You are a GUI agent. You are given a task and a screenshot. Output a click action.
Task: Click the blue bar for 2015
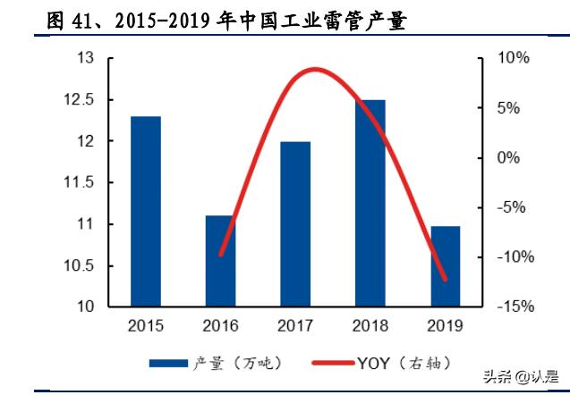[x=145, y=211]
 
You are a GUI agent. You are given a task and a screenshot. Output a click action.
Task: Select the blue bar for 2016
[x=220, y=260]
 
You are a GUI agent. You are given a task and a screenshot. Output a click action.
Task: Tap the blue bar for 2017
[x=296, y=223]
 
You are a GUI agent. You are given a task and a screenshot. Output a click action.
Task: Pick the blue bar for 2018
[x=371, y=203]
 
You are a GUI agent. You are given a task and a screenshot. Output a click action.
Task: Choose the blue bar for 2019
[x=446, y=265]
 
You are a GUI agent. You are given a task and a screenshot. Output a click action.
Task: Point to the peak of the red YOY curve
[x=312, y=70]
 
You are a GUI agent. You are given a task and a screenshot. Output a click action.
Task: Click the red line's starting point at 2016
[x=220, y=255]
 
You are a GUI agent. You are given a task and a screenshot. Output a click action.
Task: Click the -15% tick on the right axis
[x=513, y=307]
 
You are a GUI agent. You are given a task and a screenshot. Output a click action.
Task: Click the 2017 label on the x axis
[x=296, y=326]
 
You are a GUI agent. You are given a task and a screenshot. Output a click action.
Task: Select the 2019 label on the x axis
[x=446, y=326]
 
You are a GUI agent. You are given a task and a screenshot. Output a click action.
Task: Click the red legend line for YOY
[x=332, y=363]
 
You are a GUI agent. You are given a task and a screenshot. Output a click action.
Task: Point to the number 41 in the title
[x=79, y=21]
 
